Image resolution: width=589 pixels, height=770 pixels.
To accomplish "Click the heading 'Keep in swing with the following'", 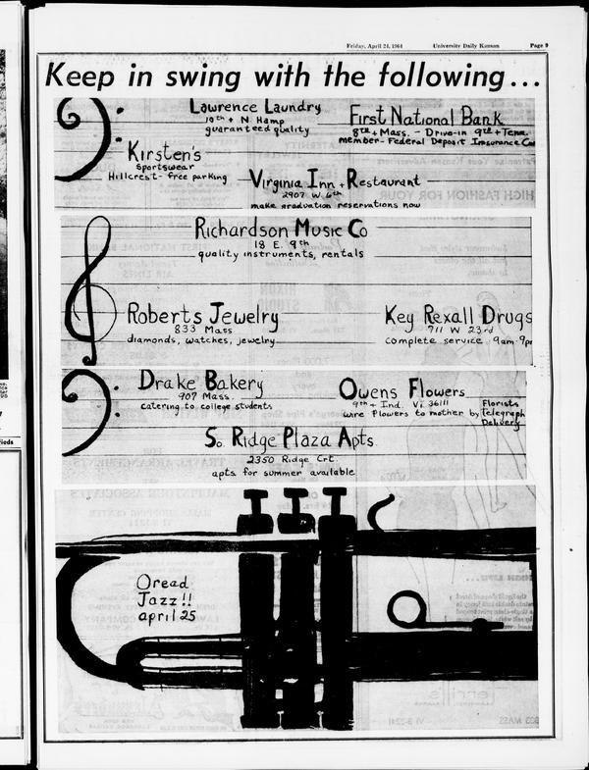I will [292, 75].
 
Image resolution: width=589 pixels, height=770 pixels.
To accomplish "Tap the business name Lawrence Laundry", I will [254, 106].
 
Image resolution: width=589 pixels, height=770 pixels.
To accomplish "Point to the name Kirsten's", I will [164, 153].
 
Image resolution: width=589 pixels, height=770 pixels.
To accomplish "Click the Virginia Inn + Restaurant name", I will [335, 181].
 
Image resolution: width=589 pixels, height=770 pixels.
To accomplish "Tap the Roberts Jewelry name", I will [202, 316].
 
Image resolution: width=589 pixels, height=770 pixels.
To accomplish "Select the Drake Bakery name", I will [200, 381].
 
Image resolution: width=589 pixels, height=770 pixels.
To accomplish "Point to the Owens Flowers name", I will [402, 389].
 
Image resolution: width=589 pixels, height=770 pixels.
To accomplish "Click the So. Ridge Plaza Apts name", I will [289, 440].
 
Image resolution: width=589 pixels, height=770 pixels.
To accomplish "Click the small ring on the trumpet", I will [405, 609].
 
